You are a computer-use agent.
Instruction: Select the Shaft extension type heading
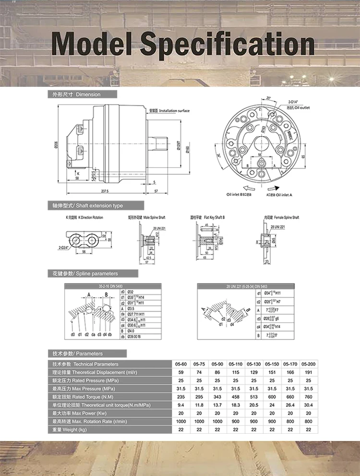[x=87, y=206]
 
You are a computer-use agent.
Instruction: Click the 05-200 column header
[x=309, y=364]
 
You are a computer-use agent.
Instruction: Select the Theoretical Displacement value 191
[x=309, y=372]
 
